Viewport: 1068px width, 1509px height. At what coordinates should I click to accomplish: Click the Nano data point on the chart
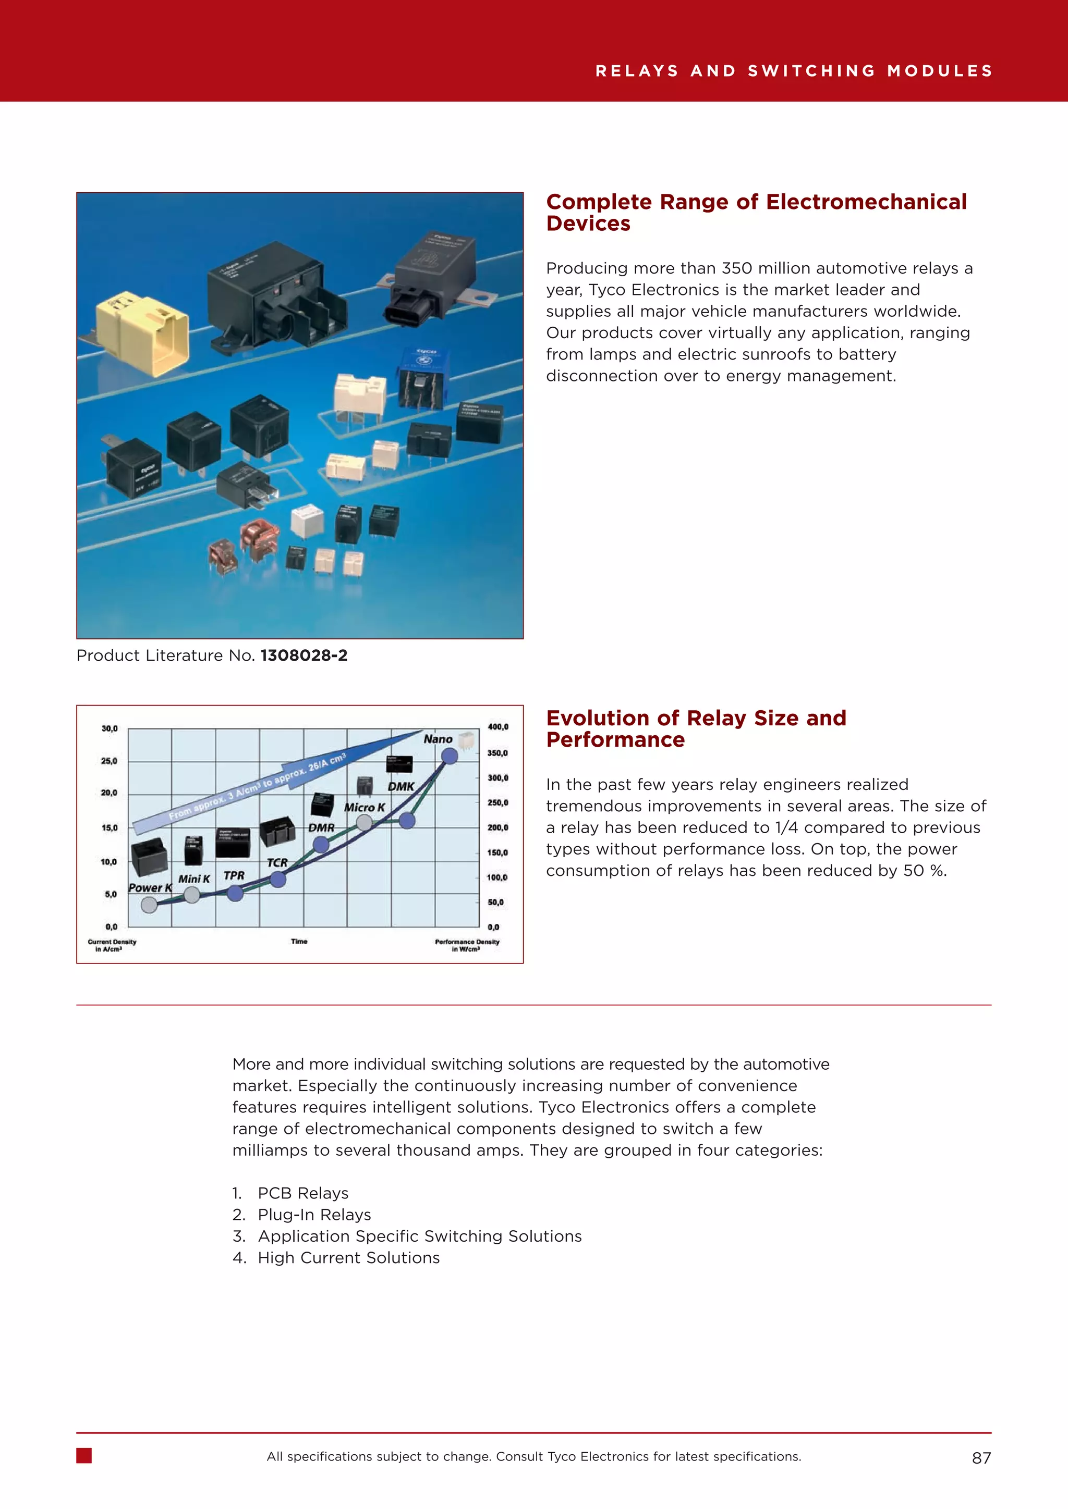(449, 756)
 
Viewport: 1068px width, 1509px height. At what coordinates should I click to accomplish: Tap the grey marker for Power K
(149, 905)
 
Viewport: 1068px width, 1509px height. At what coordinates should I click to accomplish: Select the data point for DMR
(321, 845)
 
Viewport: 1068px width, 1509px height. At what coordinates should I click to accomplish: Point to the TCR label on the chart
(277, 862)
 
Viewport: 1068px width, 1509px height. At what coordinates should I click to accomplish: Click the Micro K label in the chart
(365, 807)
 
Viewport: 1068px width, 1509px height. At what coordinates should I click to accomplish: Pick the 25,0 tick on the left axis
(109, 761)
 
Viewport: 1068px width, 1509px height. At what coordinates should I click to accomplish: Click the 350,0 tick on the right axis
(497, 752)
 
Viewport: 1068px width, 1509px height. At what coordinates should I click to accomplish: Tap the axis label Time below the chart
(299, 941)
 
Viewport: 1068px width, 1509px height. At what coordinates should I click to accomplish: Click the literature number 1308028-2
(304, 655)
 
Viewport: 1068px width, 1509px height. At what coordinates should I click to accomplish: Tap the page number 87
(981, 1458)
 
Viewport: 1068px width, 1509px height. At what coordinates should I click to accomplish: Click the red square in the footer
(84, 1456)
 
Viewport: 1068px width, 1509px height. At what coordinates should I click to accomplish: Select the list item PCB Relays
(302, 1193)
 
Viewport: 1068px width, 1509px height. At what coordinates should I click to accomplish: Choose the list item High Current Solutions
(348, 1257)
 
